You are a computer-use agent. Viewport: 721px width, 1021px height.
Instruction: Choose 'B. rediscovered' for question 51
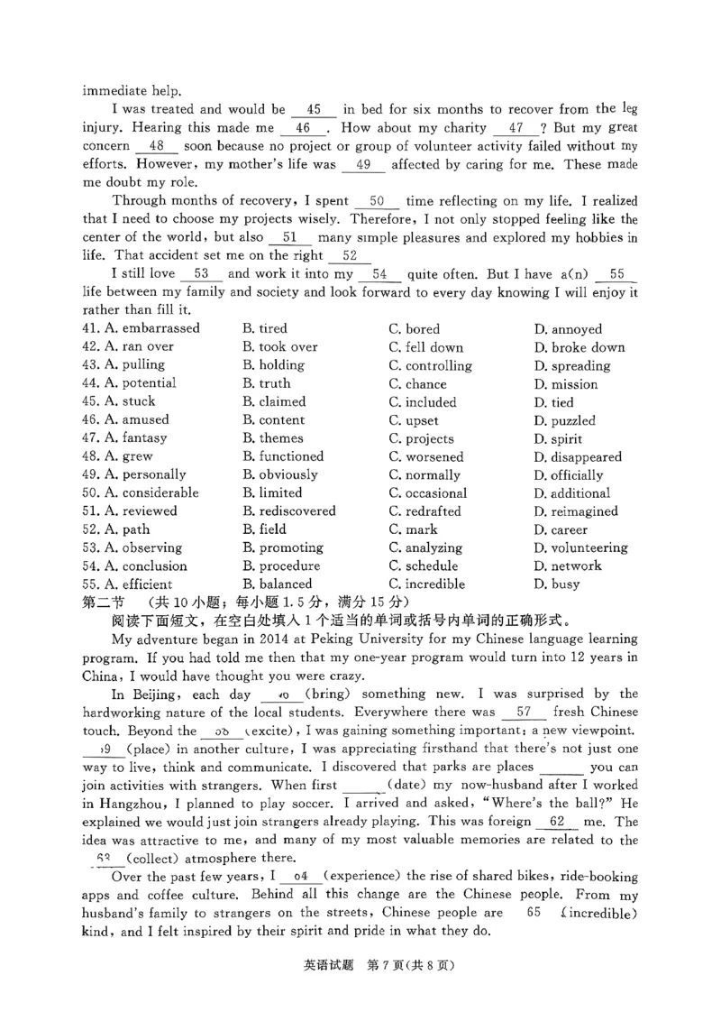pyautogui.click(x=289, y=511)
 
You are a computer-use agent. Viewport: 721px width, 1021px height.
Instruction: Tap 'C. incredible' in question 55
pyautogui.click(x=427, y=584)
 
